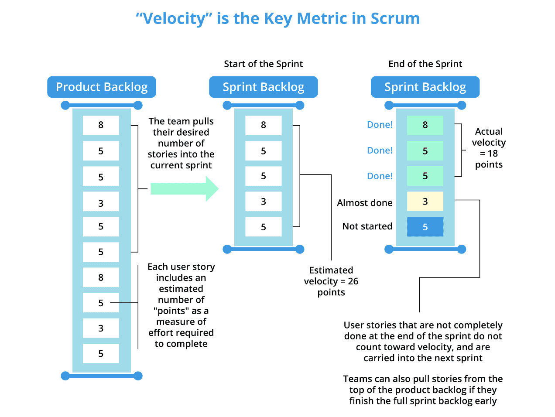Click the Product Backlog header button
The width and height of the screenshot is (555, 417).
tap(102, 87)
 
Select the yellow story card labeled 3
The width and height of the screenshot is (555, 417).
tap(425, 202)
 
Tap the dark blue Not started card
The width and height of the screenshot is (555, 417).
tap(425, 227)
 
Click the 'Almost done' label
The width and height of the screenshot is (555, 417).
tap(364, 203)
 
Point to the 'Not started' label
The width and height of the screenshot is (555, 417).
tap(367, 226)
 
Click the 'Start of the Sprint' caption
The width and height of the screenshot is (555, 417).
tap(263, 64)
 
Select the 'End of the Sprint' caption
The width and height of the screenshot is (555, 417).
tap(425, 64)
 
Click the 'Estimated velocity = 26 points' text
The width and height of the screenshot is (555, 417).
tap(331, 281)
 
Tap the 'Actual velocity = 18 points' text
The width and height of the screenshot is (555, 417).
tap(489, 148)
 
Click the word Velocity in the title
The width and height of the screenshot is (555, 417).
tap(174, 19)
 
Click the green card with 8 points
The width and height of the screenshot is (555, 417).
tap(425, 125)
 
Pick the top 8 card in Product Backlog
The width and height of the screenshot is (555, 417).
tap(101, 125)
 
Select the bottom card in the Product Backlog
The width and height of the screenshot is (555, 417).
tap(101, 354)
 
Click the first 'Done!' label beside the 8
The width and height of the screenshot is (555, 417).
tap(380, 125)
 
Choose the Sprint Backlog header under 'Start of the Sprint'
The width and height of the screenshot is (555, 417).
tap(263, 87)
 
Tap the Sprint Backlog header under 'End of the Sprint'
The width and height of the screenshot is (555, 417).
tap(425, 87)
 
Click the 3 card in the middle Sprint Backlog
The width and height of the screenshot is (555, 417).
tap(263, 202)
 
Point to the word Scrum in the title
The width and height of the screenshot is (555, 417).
tap(395, 19)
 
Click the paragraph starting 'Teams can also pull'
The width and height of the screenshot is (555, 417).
tap(423, 390)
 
